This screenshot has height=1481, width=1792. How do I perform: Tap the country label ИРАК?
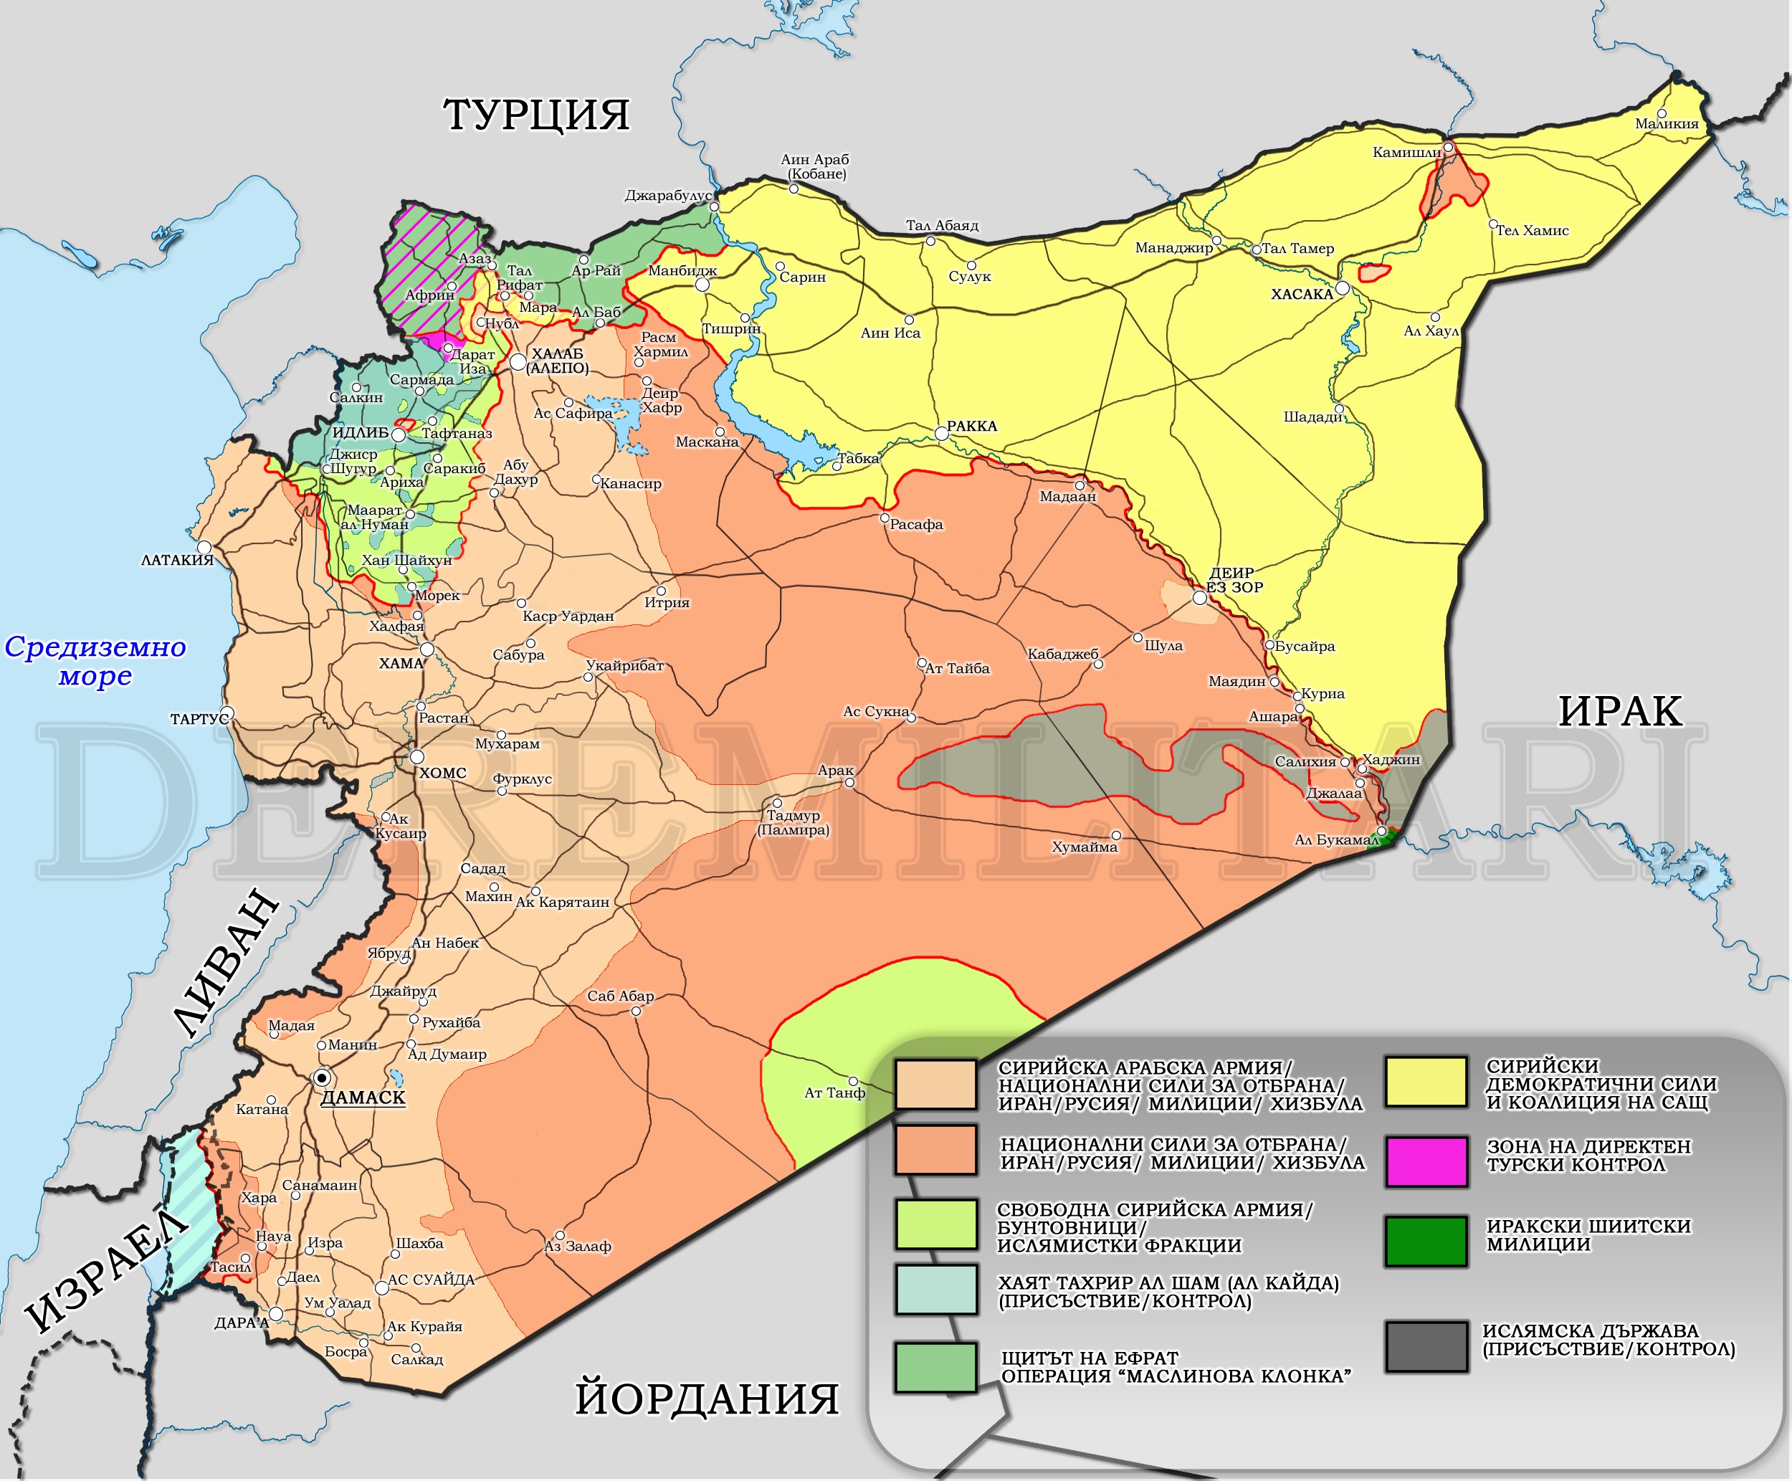click(1620, 710)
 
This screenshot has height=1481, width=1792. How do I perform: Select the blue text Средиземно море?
click(95, 661)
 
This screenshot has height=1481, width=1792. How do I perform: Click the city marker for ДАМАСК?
click(323, 1077)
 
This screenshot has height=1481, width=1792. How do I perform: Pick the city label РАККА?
click(971, 426)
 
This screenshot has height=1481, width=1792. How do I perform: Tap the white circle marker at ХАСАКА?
click(1342, 288)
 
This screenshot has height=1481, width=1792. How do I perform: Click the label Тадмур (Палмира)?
click(793, 822)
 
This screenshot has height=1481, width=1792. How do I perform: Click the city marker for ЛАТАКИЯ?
click(204, 547)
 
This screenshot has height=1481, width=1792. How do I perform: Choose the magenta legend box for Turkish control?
click(1426, 1161)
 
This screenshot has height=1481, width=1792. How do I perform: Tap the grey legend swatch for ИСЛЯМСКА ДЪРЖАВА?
click(1426, 1346)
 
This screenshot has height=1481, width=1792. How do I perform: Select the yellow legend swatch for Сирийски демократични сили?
click(1426, 1082)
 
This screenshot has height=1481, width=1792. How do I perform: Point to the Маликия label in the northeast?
click(1666, 124)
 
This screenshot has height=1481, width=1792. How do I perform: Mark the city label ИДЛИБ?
click(360, 432)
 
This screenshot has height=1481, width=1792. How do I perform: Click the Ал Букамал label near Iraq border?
click(1335, 839)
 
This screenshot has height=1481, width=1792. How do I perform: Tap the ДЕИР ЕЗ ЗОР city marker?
click(1199, 598)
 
